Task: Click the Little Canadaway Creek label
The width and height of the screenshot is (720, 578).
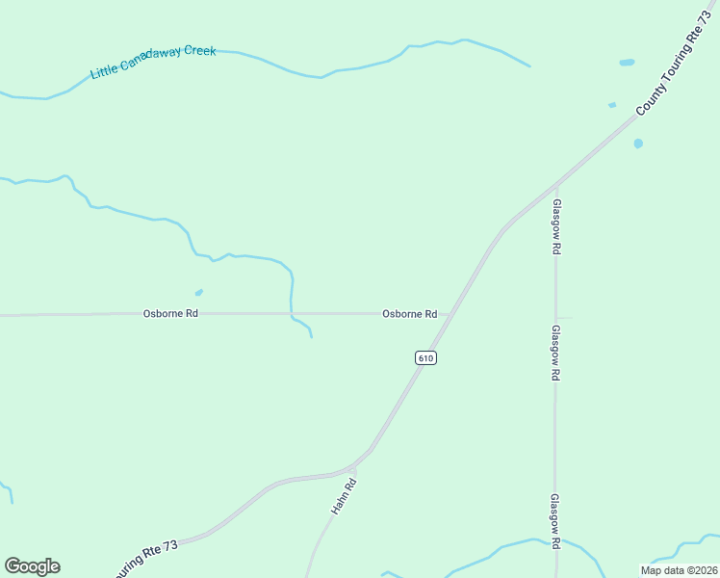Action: pos(153,61)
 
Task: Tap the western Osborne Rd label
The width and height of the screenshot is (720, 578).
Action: pos(170,313)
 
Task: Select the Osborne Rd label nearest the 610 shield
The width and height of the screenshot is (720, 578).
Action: pos(409,313)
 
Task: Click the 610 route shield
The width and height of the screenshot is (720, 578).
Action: pos(426,357)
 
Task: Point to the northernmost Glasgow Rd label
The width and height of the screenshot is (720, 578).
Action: pos(556,226)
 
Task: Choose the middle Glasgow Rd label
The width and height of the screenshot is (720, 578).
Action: pos(555,352)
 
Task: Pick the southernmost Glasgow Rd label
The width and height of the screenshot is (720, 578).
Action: pos(555,521)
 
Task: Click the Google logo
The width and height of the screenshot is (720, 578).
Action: pos(32,566)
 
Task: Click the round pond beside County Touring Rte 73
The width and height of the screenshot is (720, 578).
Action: pos(638,144)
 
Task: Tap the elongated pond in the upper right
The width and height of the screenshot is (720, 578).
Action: pos(627,63)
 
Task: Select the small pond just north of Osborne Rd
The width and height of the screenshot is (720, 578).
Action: pos(199,292)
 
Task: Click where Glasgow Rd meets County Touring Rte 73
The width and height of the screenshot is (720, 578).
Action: pos(555,185)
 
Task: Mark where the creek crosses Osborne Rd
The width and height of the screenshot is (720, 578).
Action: pos(291,313)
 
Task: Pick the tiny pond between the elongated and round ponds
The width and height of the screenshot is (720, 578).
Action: pos(611,105)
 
